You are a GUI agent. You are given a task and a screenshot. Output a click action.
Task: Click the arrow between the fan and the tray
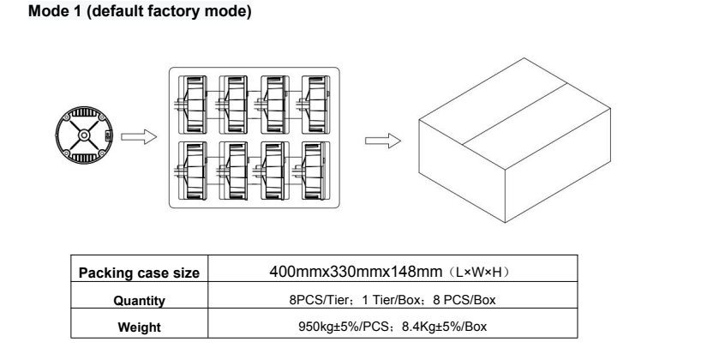[x=132, y=137]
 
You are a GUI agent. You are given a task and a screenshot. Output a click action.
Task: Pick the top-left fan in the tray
[x=195, y=102]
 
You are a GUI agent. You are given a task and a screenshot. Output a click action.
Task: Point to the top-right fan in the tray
[x=313, y=102]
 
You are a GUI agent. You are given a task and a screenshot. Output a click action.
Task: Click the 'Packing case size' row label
[x=140, y=273]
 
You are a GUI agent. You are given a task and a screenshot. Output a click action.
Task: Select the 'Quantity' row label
[x=140, y=300]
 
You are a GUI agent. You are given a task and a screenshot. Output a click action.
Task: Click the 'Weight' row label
[x=140, y=327]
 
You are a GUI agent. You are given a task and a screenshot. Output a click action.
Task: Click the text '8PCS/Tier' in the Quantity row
[x=312, y=300]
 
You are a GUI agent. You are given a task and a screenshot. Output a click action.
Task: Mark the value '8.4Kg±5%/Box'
[x=416, y=327]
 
